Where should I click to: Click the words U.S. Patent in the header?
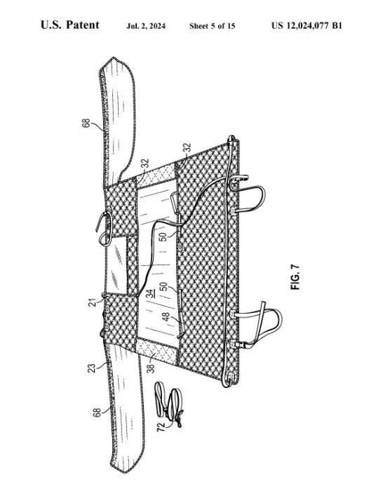tap(70, 25)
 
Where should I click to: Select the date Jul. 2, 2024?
tap(146, 26)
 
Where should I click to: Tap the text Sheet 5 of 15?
tap(212, 26)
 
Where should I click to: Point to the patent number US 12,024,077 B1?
tap(307, 25)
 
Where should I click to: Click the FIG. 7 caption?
tap(295, 277)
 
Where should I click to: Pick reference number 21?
tap(93, 302)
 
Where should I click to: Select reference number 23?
tap(92, 368)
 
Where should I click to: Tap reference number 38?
tap(151, 368)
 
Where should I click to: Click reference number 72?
tap(161, 427)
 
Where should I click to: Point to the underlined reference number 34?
tap(150, 293)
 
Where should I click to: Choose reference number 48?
tap(166, 316)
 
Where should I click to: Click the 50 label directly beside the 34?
tap(163, 286)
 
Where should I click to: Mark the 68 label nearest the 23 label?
tap(97, 413)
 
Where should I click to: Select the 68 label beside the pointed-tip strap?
tap(86, 123)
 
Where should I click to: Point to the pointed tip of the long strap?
tap(114, 58)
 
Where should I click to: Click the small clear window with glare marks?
tap(116, 265)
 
